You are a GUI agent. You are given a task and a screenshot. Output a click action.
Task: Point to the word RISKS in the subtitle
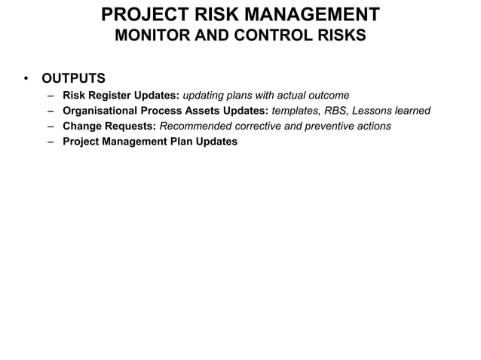[x=339, y=35]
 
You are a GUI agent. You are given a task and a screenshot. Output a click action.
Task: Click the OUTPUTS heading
[x=73, y=78]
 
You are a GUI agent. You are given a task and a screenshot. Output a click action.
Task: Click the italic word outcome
[x=326, y=96]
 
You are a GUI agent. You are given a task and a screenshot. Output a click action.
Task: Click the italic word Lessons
[x=375, y=111]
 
